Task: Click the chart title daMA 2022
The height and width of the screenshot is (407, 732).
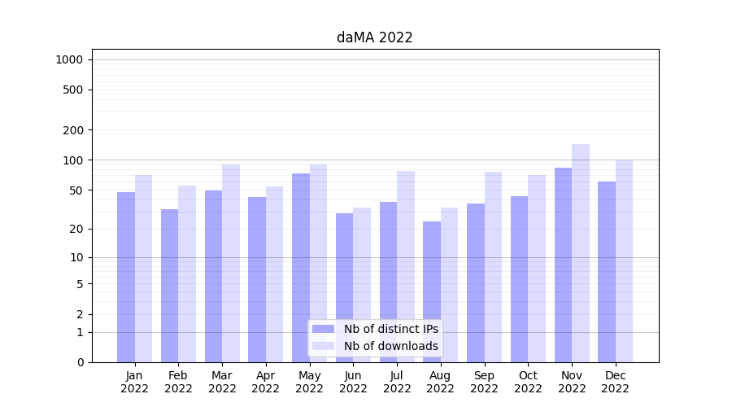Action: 374,37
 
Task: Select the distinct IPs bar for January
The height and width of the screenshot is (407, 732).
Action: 126,277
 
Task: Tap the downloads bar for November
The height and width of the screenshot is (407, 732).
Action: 581,252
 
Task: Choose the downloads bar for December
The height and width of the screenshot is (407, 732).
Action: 625,260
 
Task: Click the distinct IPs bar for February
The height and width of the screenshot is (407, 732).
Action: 169,285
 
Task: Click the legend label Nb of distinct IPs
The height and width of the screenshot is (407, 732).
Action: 390,329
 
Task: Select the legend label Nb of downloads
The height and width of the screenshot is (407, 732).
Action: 390,346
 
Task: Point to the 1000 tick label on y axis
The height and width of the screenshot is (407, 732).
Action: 69,59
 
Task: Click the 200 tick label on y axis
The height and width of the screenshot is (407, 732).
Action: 74,130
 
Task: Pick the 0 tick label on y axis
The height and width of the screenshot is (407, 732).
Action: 80,362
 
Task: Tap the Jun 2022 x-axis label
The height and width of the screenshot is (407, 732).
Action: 353,382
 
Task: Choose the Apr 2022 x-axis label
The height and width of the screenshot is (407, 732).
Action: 266,382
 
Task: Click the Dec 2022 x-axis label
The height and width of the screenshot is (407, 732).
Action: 616,382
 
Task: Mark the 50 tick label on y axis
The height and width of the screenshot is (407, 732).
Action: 76,190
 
